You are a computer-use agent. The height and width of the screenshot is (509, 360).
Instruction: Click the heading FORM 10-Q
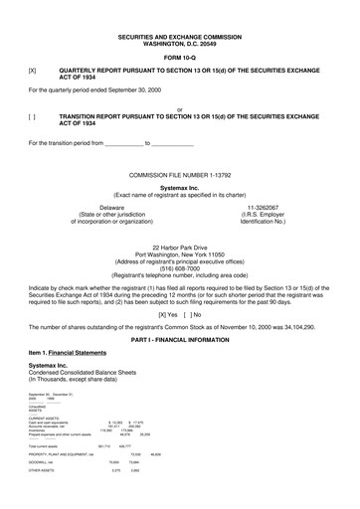point(179,55)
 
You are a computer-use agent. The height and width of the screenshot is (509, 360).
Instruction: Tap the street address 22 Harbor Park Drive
point(179,246)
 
